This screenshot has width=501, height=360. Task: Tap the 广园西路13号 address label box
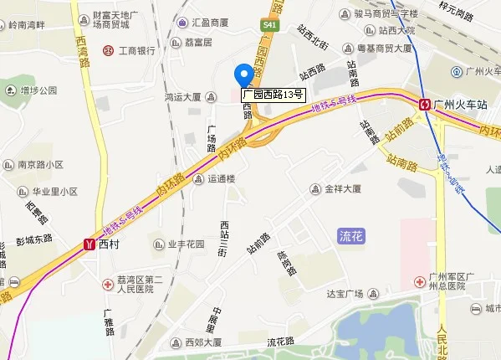tap(273, 95)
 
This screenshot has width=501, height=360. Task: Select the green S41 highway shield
tap(268, 27)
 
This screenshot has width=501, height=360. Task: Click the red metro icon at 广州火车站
tap(426, 105)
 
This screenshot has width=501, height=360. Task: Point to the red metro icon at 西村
tap(89, 245)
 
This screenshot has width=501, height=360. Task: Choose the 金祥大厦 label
tap(342, 189)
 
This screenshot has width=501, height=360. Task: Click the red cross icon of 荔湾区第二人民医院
tap(108, 285)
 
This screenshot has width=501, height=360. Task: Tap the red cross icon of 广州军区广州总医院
tap(419, 280)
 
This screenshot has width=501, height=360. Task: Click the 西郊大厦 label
tap(203, 342)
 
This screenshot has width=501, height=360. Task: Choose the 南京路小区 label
tap(41, 165)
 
